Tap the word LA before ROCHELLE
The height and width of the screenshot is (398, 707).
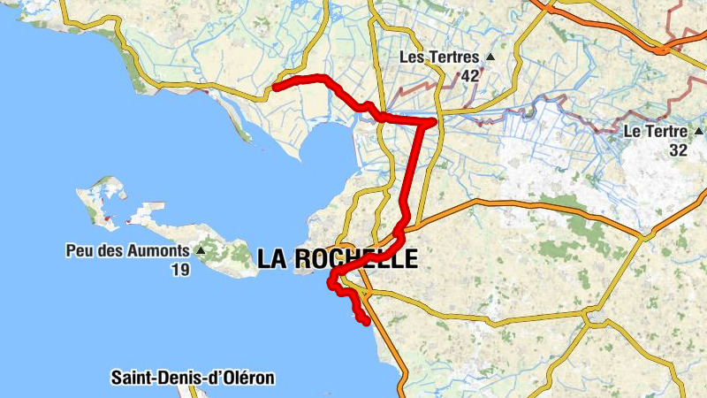click(273, 258)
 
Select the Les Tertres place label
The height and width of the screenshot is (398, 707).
click(439, 57)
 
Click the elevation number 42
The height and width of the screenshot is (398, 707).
click(469, 76)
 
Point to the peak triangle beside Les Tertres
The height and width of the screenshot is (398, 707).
click(490, 57)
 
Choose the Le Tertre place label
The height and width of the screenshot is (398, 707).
click(656, 131)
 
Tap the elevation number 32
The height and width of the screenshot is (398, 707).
click(679, 150)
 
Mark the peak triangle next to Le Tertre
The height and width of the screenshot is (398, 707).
click(699, 131)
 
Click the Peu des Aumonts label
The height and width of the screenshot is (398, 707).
click(127, 250)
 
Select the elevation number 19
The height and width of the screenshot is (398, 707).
click(179, 270)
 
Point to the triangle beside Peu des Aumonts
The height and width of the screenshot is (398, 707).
click(201, 250)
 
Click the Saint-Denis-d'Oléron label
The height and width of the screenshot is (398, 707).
click(193, 378)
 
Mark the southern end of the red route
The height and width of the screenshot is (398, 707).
click(366, 322)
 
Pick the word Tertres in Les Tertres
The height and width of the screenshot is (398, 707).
click(452, 57)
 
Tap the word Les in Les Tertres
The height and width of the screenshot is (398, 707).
click(412, 57)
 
